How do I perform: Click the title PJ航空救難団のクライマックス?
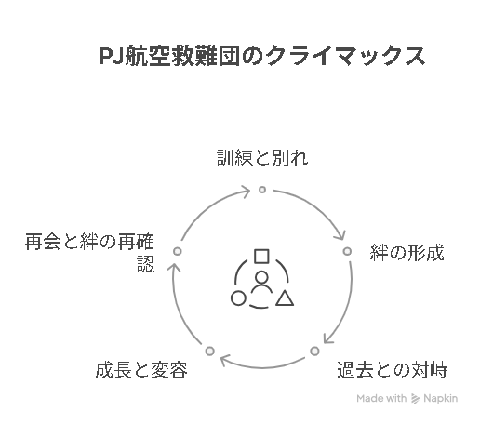coord(262,56)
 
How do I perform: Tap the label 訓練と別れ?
coord(262,158)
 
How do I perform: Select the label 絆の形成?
coord(407,253)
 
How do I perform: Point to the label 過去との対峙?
coord(393,369)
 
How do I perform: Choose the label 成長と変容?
coord(141,370)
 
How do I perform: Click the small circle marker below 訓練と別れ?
coord(262,190)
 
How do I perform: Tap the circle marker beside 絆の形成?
coord(347,251)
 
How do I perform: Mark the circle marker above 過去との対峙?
coord(314,351)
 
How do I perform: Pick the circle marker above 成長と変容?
coord(210,351)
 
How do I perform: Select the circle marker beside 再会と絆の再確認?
coord(178,251)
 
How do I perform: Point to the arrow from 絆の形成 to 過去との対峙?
coord(347,305)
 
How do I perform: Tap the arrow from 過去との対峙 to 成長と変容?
coord(262,368)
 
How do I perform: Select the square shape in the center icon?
coord(261,257)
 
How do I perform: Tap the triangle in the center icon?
coord(285,298)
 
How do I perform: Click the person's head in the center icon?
coord(261,278)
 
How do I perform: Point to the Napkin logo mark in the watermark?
coord(415,399)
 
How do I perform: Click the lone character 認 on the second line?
coord(146,264)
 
